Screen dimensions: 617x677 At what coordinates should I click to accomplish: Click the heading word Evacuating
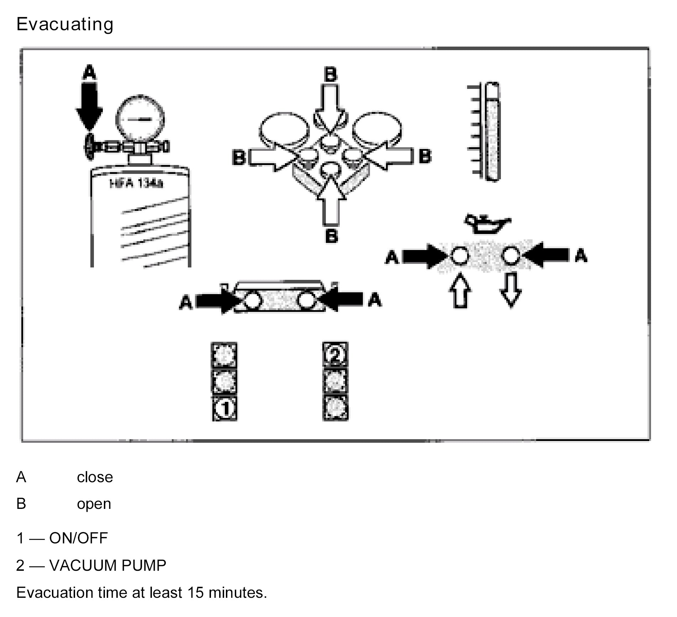(65, 25)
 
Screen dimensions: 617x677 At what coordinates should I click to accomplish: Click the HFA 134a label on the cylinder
(136, 184)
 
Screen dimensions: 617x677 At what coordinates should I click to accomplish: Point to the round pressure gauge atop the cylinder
(139, 119)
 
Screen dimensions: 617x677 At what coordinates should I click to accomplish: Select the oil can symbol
(487, 224)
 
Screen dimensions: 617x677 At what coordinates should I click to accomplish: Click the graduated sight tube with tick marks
(491, 132)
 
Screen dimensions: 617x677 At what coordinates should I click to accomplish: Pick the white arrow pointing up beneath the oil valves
(460, 289)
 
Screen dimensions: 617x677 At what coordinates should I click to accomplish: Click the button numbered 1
(225, 408)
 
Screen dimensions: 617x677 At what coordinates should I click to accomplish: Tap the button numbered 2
(335, 355)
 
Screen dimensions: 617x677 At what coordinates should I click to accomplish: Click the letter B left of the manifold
(239, 157)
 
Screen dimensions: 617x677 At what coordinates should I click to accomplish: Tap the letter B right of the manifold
(425, 156)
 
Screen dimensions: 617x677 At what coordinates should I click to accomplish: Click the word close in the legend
(95, 477)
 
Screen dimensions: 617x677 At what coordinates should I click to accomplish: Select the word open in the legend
(94, 504)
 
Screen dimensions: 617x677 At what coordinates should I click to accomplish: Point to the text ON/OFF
(78, 538)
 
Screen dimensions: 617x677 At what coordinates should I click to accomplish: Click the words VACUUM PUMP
(108, 565)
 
